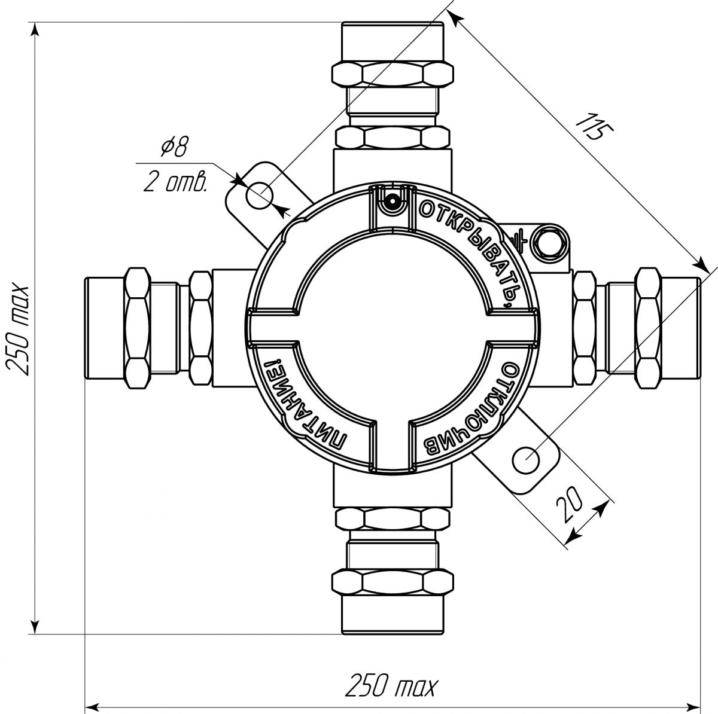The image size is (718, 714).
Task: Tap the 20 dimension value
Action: pos(569,505)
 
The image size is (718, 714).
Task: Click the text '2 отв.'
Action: pos(175,182)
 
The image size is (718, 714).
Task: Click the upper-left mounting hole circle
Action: pos(259,195)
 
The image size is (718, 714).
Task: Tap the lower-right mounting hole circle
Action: pos(526,460)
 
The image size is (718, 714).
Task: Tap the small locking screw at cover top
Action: pos(391,202)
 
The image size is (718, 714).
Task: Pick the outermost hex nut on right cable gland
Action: pos(649,328)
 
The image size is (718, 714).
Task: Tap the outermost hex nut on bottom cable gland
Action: pos(393,582)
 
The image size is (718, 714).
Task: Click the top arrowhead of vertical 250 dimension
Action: pos(35,30)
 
